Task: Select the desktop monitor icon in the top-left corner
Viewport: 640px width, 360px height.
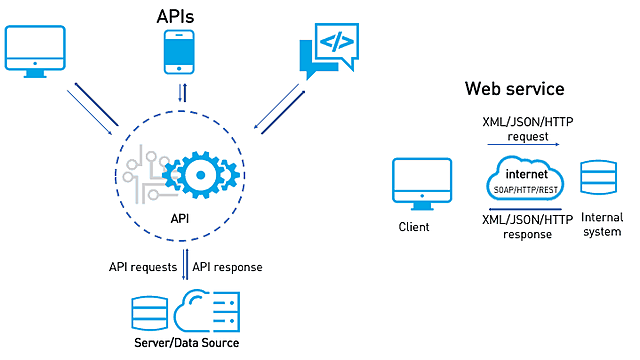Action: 35,50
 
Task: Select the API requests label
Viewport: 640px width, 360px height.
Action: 142,267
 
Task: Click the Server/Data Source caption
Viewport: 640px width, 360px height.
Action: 187,343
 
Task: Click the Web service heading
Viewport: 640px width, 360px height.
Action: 514,89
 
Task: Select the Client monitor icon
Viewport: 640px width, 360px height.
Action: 413,183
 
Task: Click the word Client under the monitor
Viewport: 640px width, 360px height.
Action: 413,227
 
